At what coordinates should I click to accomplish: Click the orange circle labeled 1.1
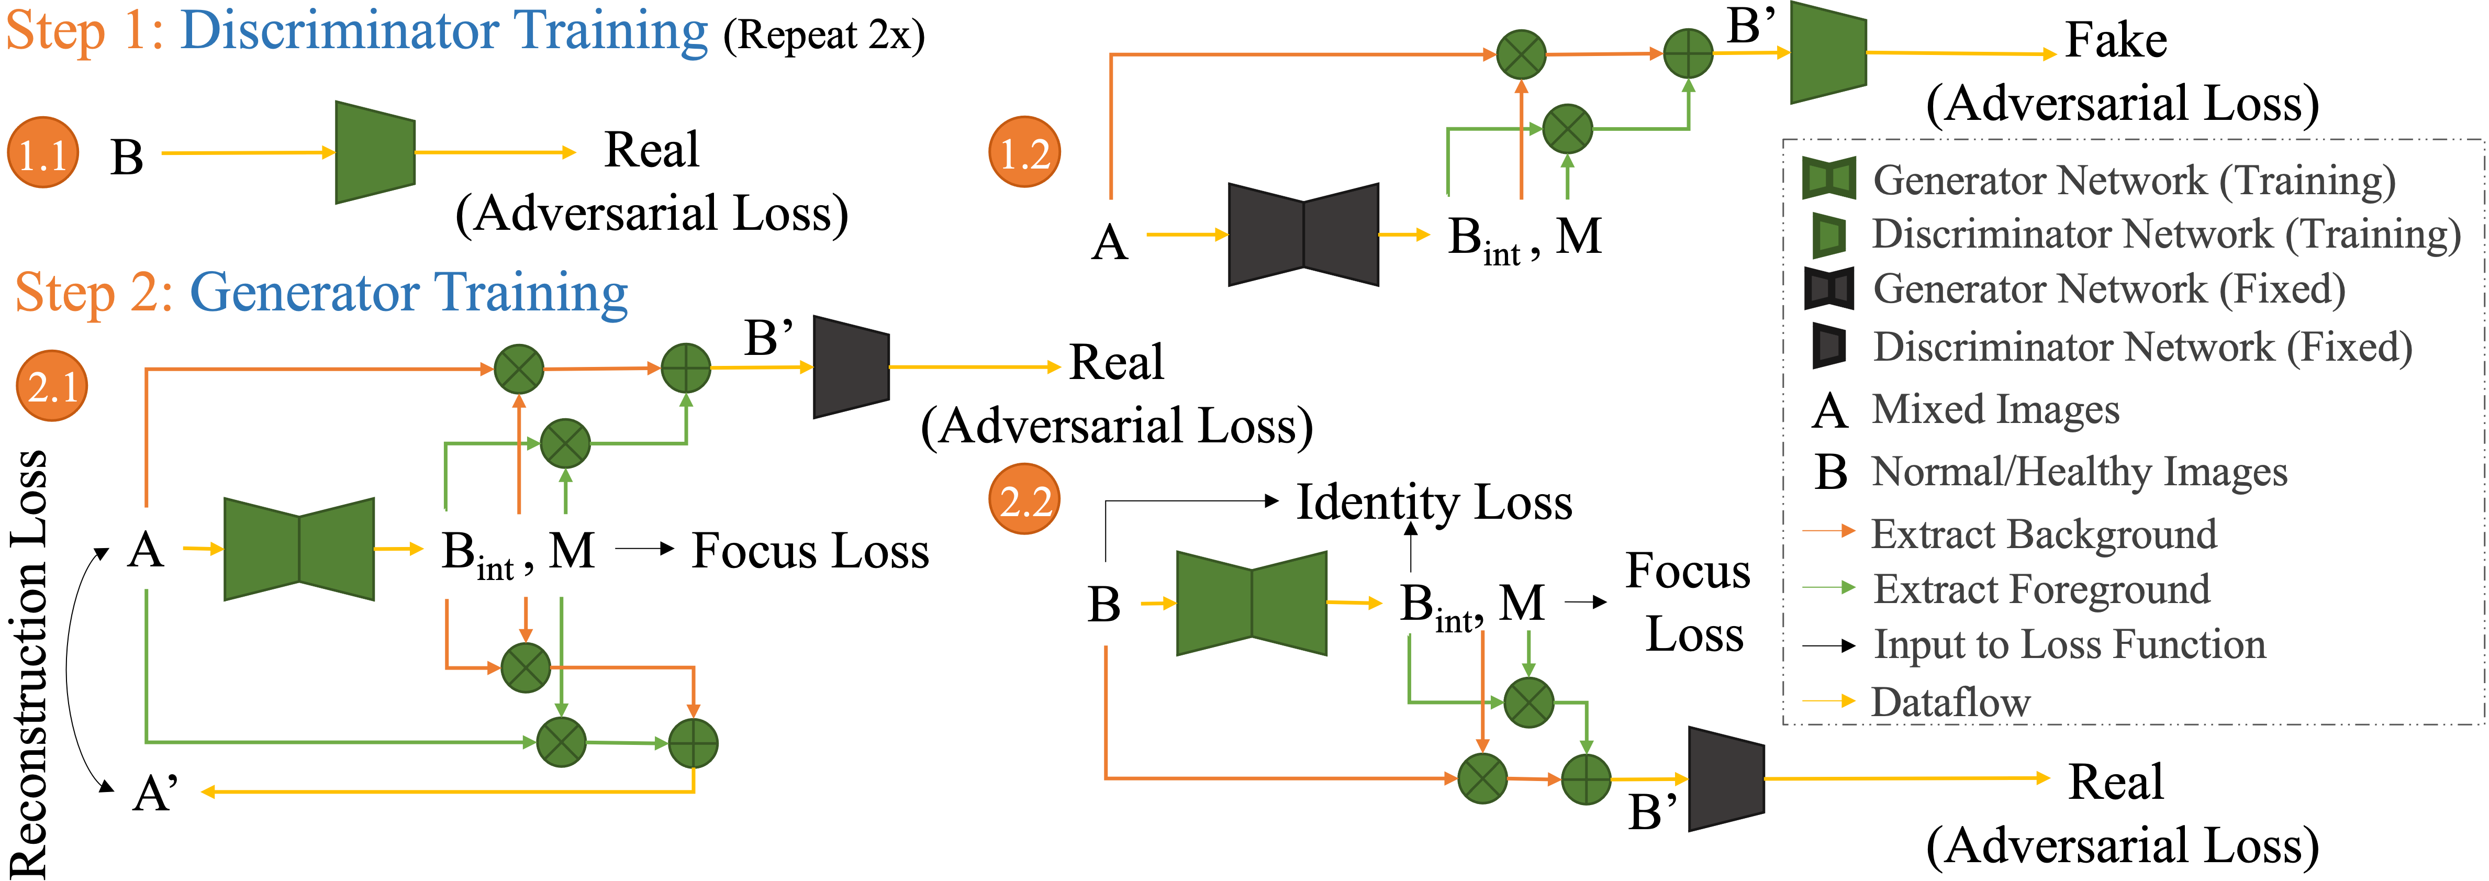42,153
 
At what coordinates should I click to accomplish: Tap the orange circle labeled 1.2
1024,153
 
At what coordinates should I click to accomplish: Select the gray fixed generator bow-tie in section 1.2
1302,235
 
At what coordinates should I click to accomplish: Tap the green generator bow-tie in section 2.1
298,549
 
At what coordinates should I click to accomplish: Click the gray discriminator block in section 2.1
850,367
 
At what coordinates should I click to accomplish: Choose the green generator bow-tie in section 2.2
1251,603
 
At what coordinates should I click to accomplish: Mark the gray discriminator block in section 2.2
1726,778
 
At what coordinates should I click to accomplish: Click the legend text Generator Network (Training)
2134,181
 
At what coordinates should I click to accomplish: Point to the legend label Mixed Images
1995,409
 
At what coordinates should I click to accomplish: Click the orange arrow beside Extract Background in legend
1828,530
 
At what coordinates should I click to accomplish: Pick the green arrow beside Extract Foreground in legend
1828,587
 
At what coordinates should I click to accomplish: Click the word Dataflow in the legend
1951,702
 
